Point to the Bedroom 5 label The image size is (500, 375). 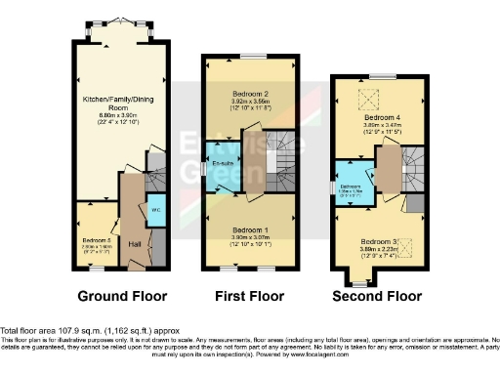95,239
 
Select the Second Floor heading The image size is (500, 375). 379,296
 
